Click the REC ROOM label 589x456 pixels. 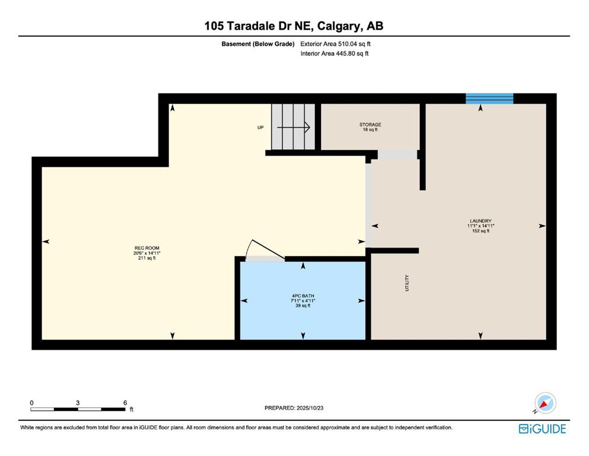pos(147,248)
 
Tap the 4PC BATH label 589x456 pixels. pos(303,296)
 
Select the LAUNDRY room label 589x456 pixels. pos(480,221)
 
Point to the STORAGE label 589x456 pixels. pos(370,125)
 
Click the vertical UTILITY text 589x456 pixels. pos(407,283)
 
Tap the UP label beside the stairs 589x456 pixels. pos(260,128)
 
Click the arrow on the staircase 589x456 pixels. pos(294,128)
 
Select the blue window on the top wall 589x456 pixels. pos(489,99)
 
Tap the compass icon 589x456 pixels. pos(545,403)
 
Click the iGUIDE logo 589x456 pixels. pos(542,429)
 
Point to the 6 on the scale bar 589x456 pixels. pos(125,403)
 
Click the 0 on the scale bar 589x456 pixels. pos(32,403)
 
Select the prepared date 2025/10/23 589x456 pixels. pos(310,408)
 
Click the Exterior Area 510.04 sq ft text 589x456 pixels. pos(336,44)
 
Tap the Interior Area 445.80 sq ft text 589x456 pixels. pos(335,53)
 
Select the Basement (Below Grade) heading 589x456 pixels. pos(257,44)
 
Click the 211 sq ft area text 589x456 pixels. pos(147,258)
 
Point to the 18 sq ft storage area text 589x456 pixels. pos(370,129)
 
